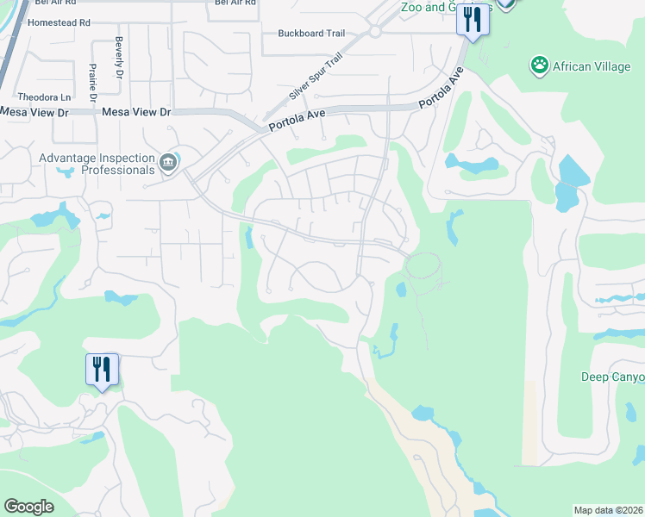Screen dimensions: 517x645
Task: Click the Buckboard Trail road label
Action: coord(311,34)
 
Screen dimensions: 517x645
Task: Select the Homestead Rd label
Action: coord(59,22)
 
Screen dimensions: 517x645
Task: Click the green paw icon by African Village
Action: coord(540,64)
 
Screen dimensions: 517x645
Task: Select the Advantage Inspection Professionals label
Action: coord(95,164)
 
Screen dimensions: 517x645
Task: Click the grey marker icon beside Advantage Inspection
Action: coord(168,161)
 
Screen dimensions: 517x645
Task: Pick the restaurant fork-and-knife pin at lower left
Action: coord(102,370)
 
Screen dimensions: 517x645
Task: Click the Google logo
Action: coord(28,507)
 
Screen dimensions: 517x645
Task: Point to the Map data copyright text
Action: coord(609,510)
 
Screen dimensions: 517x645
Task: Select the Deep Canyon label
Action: coord(612,377)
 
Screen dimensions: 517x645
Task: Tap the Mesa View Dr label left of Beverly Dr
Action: coord(34,113)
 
